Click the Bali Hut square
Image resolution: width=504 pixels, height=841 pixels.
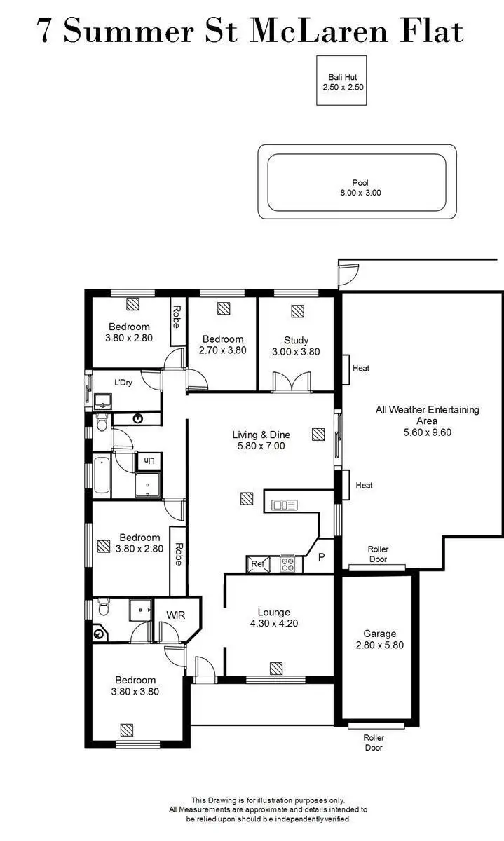coord(341,81)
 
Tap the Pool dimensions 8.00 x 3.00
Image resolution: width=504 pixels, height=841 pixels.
coord(360,193)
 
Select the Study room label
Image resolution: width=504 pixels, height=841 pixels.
coord(296,340)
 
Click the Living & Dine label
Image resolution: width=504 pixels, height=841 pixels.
coord(261,435)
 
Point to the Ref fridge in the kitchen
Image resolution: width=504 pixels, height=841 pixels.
coord(256,563)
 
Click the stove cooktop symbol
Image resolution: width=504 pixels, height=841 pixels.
coord(287,563)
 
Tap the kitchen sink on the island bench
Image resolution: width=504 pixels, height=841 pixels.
coord(285,505)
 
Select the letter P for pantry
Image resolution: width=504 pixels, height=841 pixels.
coord(322,557)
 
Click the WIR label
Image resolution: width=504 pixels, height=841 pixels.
coord(175,615)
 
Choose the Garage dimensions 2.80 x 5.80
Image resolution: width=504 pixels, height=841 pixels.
coord(379,645)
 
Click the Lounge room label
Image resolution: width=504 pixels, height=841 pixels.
coord(273,612)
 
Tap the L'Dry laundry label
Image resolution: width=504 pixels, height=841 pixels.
coord(123,383)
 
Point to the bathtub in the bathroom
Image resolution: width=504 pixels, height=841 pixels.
coord(102,475)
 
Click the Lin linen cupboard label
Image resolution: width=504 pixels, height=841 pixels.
coord(149,460)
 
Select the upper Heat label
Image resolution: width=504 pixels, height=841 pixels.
coord(362,368)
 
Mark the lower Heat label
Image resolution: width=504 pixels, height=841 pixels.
coord(364,485)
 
